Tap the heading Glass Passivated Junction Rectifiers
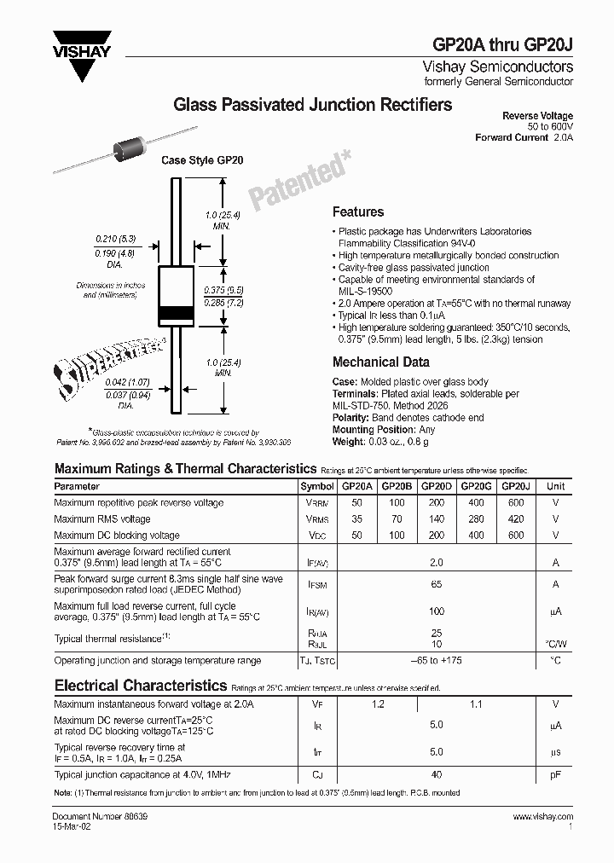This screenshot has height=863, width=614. pyautogui.click(x=313, y=105)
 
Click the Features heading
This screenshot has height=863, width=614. pyautogui.click(x=358, y=212)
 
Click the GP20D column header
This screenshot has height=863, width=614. pyautogui.click(x=436, y=486)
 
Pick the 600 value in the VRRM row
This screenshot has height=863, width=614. pyautogui.click(x=515, y=503)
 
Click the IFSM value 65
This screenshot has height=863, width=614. pyautogui.click(x=436, y=584)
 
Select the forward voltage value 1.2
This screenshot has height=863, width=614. pyautogui.click(x=378, y=704)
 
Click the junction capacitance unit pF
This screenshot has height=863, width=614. pyautogui.click(x=555, y=774)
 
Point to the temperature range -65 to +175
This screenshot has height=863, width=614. pyautogui.click(x=436, y=661)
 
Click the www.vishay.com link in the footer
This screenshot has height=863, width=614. pyautogui.click(x=542, y=817)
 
